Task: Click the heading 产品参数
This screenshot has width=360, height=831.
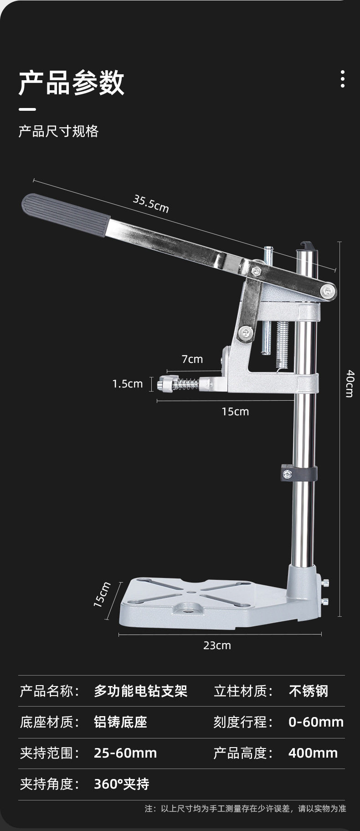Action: [72, 83]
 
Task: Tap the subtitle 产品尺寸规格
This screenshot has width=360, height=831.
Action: [58, 131]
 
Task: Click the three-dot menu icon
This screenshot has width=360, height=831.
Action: [342, 79]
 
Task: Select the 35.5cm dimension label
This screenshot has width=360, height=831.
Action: [151, 204]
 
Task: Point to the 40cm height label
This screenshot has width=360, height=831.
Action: [350, 383]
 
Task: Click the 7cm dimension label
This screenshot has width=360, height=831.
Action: [192, 359]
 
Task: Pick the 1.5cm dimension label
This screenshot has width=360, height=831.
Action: [128, 384]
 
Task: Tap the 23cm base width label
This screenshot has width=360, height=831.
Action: [217, 645]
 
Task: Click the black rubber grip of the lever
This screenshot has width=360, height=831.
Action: [66, 215]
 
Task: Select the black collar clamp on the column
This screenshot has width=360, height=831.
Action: [299, 473]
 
